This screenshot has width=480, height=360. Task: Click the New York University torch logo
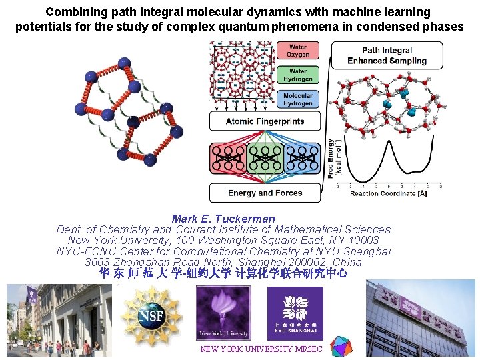222,313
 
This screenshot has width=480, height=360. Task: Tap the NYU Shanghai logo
294,313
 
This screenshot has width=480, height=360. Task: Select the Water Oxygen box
297,51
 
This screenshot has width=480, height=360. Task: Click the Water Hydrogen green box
297,75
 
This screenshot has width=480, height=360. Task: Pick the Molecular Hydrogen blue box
297,99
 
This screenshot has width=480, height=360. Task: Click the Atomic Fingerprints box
265,121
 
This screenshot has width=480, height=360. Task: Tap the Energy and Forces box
265,193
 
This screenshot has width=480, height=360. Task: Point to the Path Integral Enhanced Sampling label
387,55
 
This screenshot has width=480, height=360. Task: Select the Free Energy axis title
334,157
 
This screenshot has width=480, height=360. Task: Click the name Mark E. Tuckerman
223,219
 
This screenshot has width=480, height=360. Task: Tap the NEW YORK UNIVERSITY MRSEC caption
261,349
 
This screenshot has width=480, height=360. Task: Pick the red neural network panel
228,161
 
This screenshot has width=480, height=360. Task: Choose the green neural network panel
265,161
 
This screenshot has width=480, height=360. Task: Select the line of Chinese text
223,273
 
